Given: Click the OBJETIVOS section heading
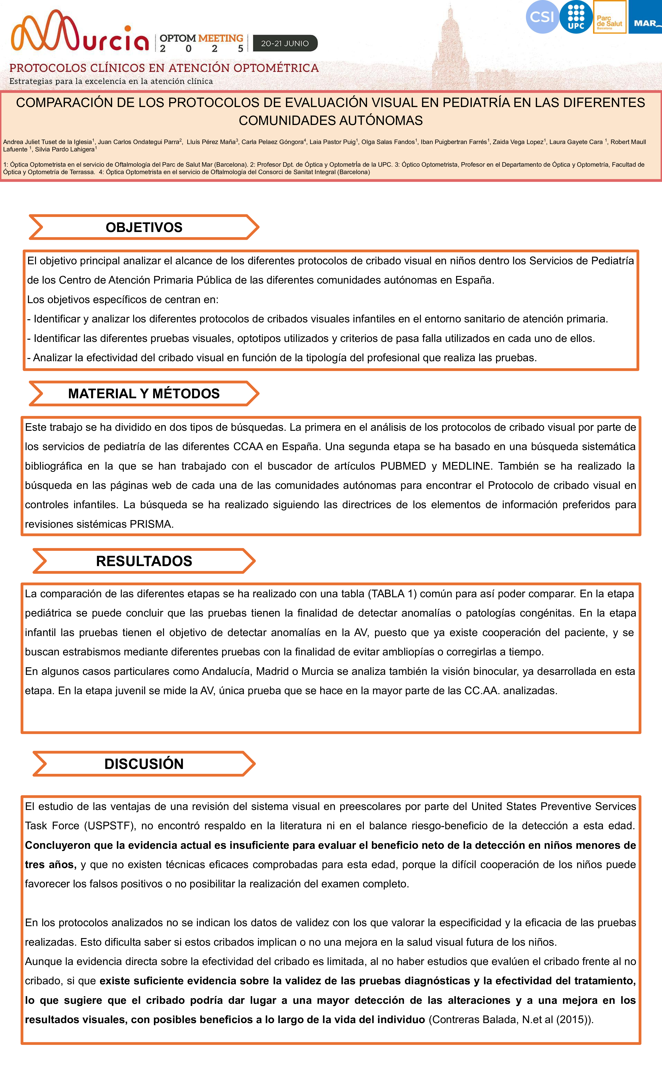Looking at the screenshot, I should pyautogui.click(x=144, y=227).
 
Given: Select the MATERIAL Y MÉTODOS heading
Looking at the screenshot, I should pyautogui.click(x=144, y=394).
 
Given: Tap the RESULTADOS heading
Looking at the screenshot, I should pyautogui.click(x=144, y=561).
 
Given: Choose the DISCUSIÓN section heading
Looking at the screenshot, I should pyautogui.click(x=144, y=764).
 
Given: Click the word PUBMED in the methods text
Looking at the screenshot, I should pyautogui.click(x=403, y=466).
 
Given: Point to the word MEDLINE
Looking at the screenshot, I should pyautogui.click(x=464, y=466).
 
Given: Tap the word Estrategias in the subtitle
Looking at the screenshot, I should pyautogui.click(x=31, y=81).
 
